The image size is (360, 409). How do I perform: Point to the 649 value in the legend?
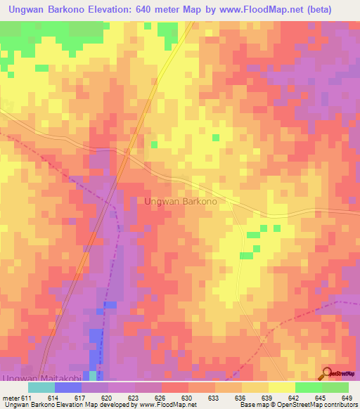(x=347, y=397)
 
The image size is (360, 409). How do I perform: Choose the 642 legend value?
(x=294, y=397)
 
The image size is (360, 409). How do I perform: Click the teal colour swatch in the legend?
(x=41, y=387)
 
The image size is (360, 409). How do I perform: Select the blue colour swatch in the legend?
(x=68, y=387)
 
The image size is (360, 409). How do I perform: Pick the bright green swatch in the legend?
(x=308, y=387)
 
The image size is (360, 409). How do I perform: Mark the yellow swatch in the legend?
(x=281, y=387)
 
